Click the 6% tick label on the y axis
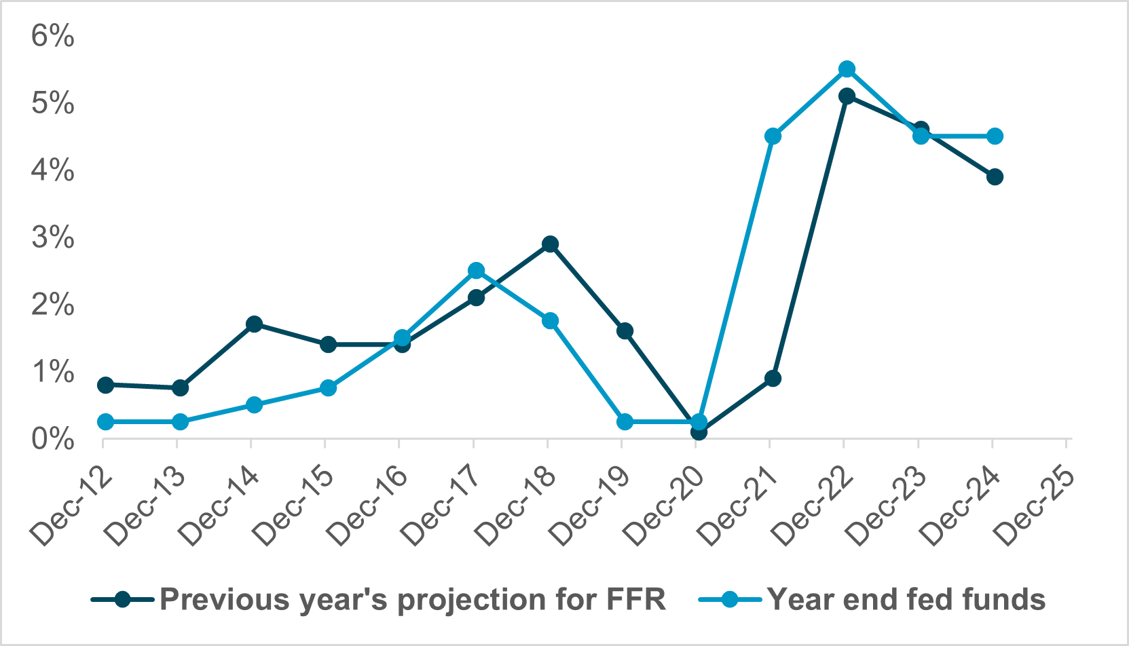(52, 37)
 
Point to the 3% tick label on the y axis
(52, 238)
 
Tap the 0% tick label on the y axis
(52, 440)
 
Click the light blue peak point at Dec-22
(847, 69)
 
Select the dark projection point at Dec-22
(847, 96)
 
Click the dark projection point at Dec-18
(551, 244)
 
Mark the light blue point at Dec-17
(477, 271)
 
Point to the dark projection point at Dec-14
(255, 324)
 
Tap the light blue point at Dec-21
(773, 136)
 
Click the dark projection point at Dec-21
(773, 378)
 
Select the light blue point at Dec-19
(625, 421)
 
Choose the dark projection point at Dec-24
(995, 177)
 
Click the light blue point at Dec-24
(995, 136)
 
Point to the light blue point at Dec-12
(106, 421)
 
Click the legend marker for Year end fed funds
(729, 599)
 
